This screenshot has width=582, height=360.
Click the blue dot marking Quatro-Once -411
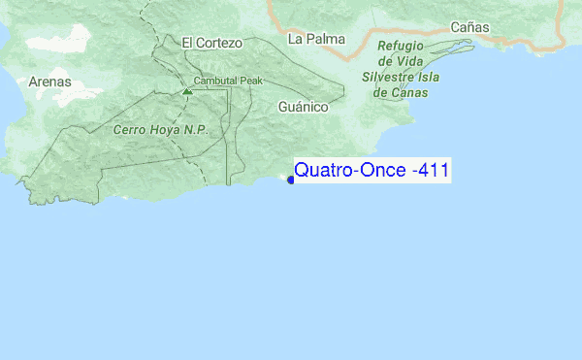pyautogui.click(x=291, y=180)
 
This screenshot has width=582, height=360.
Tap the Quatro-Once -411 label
pyautogui.click(x=371, y=171)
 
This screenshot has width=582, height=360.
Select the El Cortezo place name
pyautogui.click(x=210, y=43)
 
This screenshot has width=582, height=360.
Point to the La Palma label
pyautogui.click(x=310, y=39)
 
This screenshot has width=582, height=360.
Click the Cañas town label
pyautogui.click(x=469, y=27)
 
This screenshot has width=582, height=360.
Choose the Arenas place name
pyautogui.click(x=50, y=82)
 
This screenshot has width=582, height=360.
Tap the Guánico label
pyautogui.click(x=303, y=107)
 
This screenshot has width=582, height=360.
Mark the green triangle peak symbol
pyautogui.click(x=186, y=91)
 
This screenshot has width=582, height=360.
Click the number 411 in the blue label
pyautogui.click(x=431, y=171)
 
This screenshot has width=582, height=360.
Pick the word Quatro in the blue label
pyautogui.click(x=318, y=171)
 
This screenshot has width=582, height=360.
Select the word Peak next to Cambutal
pyautogui.click(x=251, y=81)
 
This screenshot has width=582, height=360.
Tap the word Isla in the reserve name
pyautogui.click(x=436, y=77)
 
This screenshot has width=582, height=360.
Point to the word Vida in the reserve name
pyautogui.click(x=412, y=61)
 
